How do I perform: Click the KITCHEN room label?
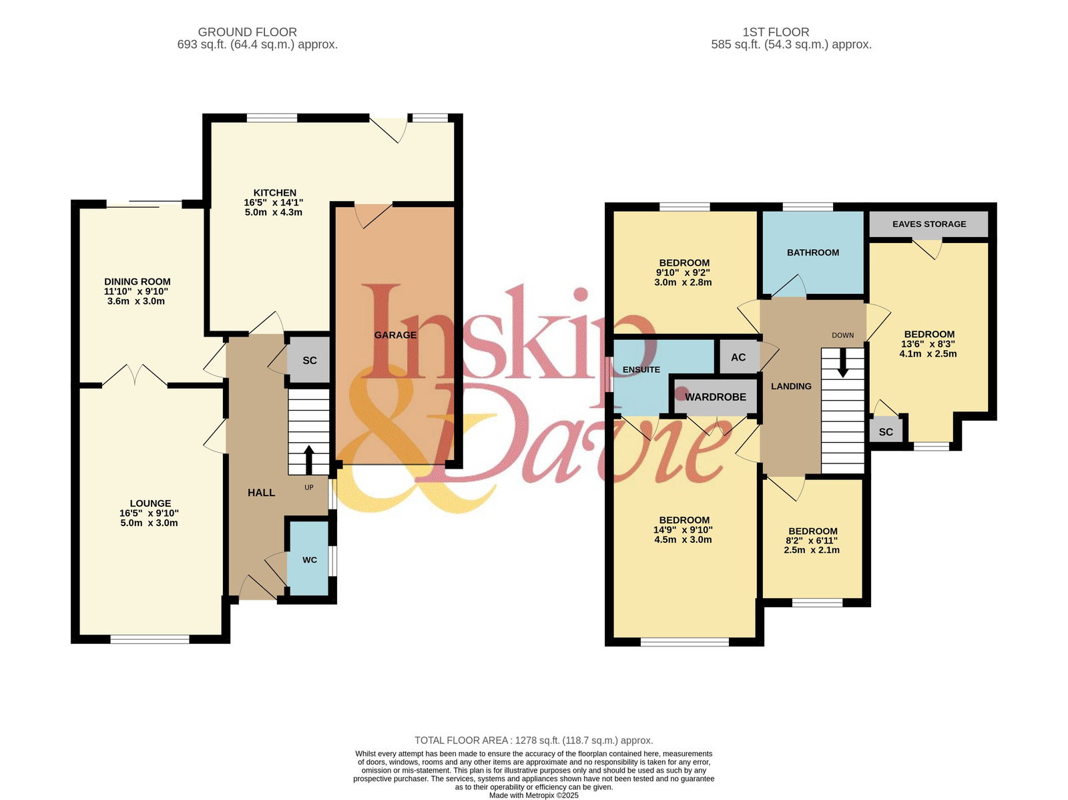tap(274, 193)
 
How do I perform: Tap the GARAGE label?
tap(395, 335)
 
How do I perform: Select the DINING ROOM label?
tap(138, 281)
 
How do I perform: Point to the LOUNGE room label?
tap(150, 503)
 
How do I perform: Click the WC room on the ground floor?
tap(310, 559)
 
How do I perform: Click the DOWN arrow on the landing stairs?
tap(843, 363)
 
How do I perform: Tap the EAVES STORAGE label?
tap(929, 224)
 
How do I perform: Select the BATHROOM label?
tap(812, 252)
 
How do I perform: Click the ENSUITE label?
tap(641, 369)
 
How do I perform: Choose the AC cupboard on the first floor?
tap(738, 357)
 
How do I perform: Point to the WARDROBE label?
tap(716, 397)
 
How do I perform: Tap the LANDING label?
tap(791, 386)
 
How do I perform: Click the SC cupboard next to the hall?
tap(309, 360)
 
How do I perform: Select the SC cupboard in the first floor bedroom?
tap(886, 431)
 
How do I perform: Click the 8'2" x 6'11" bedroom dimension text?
tap(813, 540)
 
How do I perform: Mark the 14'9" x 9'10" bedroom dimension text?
tap(683, 530)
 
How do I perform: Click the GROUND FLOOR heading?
tap(247, 32)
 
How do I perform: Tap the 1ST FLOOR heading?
tap(776, 32)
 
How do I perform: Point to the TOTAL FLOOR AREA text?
tap(534, 740)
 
